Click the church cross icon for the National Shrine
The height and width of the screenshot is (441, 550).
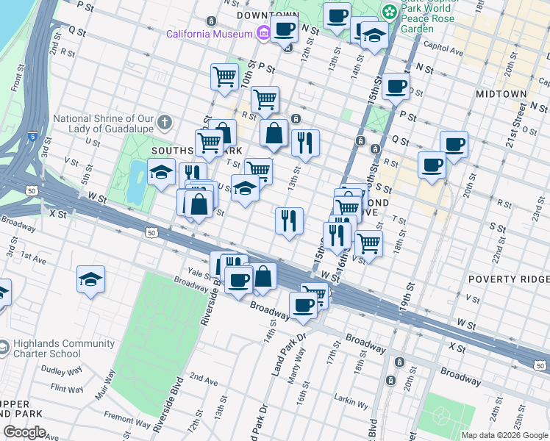coord(166,121)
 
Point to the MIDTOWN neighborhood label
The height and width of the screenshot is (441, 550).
coord(501,94)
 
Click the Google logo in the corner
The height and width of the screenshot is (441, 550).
coord(24,431)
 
